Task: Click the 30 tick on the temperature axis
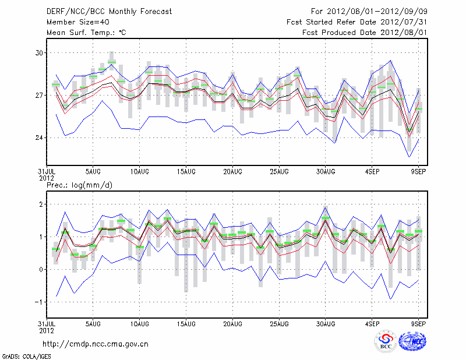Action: click(39, 53)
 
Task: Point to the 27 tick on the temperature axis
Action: click(39, 95)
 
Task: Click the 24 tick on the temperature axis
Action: click(39, 137)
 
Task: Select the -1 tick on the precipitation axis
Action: click(40, 302)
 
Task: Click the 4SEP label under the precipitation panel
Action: click(372, 323)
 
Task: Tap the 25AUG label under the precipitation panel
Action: click(279, 323)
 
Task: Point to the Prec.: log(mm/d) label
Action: click(78, 185)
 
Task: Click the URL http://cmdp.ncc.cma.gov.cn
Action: click(96, 344)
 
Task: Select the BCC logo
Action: click(386, 341)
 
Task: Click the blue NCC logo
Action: click(412, 341)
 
